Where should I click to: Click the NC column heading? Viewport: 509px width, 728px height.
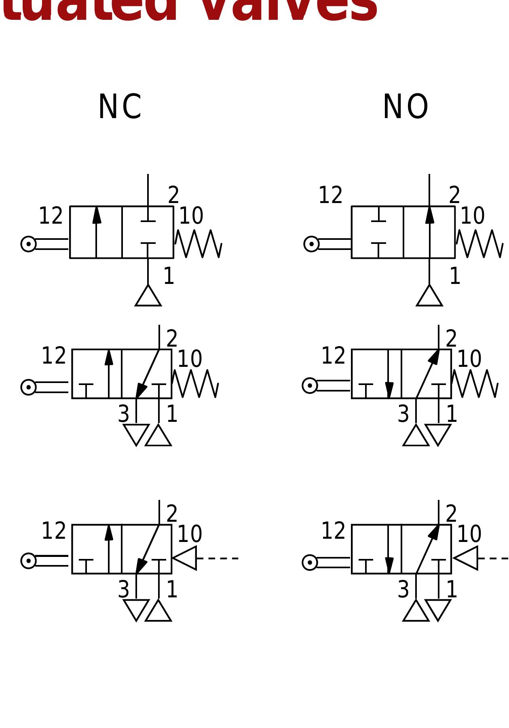tap(120, 107)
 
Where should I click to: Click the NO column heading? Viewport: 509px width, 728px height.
tap(405, 107)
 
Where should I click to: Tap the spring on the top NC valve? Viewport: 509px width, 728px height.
tap(198, 243)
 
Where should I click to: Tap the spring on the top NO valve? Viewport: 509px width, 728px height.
tap(479, 243)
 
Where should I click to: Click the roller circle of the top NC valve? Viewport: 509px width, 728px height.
tap(28, 244)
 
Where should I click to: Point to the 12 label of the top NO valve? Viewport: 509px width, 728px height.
tap(330, 195)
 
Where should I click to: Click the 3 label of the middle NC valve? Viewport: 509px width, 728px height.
tap(123, 414)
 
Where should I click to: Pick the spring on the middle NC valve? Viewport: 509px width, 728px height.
tap(195, 383)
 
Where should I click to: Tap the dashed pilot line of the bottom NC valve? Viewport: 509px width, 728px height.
tap(218, 559)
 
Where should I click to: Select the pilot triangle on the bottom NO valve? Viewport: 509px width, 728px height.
tap(467, 558)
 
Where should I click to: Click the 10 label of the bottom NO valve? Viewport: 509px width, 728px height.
tap(469, 534)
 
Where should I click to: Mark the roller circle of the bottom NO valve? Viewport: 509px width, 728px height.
tap(310, 562)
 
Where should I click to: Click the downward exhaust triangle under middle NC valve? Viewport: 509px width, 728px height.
tap(136, 433)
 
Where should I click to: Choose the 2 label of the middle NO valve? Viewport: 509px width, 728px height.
tap(451, 339)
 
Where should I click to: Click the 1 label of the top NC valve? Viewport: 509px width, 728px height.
tap(169, 277)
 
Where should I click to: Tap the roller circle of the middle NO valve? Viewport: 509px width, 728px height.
tap(310, 385)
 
